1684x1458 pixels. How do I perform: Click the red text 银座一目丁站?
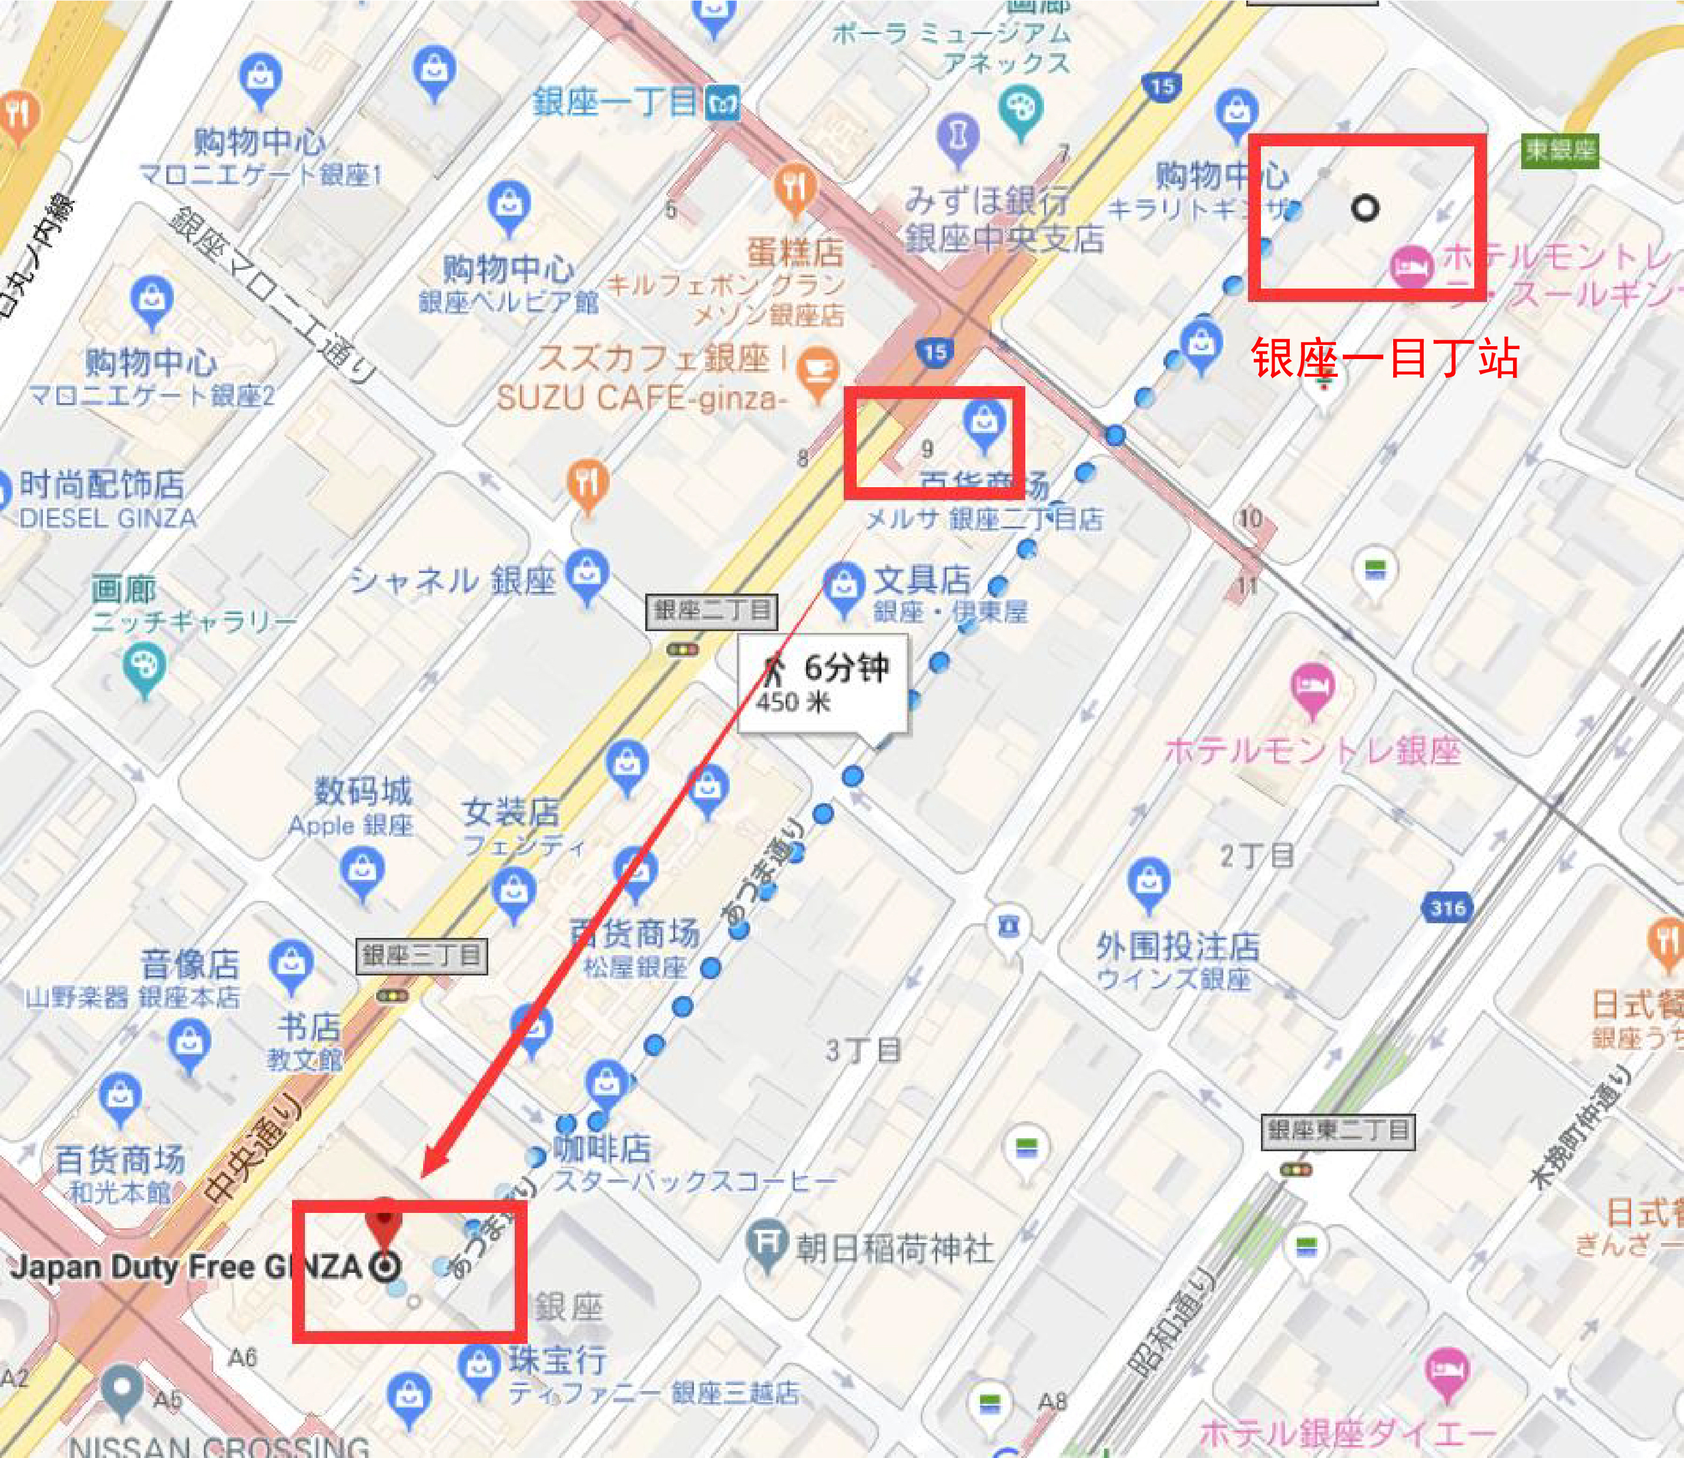click(x=1384, y=357)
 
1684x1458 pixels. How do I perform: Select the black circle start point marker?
click(x=1364, y=208)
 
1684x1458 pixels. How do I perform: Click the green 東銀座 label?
click(x=1559, y=150)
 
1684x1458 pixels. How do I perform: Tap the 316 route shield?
click(x=1447, y=908)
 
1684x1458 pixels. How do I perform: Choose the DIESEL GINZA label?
click(x=106, y=518)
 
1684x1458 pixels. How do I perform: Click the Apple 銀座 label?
click(x=351, y=825)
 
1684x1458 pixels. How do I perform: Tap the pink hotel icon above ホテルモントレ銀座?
click(x=1312, y=688)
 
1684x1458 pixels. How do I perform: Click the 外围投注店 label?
click(x=1177, y=946)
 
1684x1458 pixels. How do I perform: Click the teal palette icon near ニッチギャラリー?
click(x=144, y=667)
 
